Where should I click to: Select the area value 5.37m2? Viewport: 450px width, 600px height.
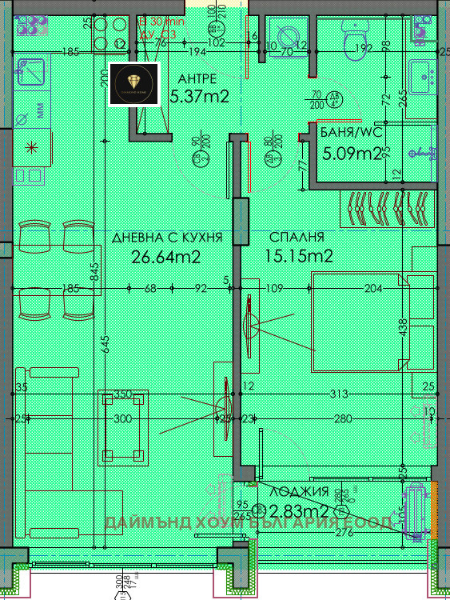(x=200, y=98)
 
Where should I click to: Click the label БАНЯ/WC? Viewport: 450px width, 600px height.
(x=348, y=133)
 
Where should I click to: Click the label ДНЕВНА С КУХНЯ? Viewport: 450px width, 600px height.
(x=166, y=238)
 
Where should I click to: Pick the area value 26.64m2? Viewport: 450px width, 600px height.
(x=165, y=256)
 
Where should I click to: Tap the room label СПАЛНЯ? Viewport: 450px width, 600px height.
(x=297, y=238)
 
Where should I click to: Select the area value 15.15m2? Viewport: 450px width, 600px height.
(x=299, y=256)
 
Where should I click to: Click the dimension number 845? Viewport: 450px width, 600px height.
(x=94, y=274)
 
